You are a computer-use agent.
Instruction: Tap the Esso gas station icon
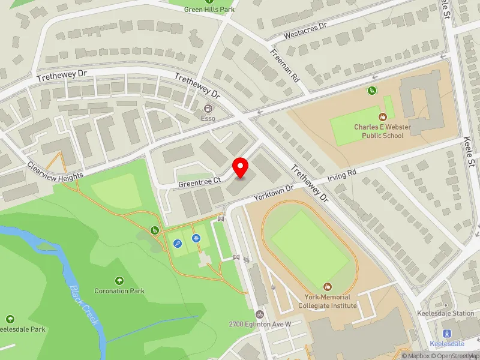(208, 109)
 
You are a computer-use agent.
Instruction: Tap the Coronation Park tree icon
(119, 280)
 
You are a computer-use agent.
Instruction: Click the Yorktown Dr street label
(273, 191)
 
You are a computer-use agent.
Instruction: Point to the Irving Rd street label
(341, 176)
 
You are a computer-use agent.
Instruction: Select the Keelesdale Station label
(446, 313)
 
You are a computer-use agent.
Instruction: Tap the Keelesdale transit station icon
(446, 334)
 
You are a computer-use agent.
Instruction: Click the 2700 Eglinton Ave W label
(260, 325)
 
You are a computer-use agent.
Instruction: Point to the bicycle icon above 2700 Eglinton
(259, 314)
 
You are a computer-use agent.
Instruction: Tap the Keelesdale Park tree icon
(10, 319)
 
